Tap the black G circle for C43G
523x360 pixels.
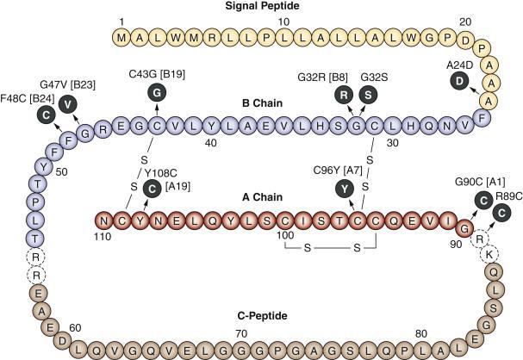pos(156,93)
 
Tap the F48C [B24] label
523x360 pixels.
pos(26,100)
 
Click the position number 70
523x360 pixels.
pos(241,332)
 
